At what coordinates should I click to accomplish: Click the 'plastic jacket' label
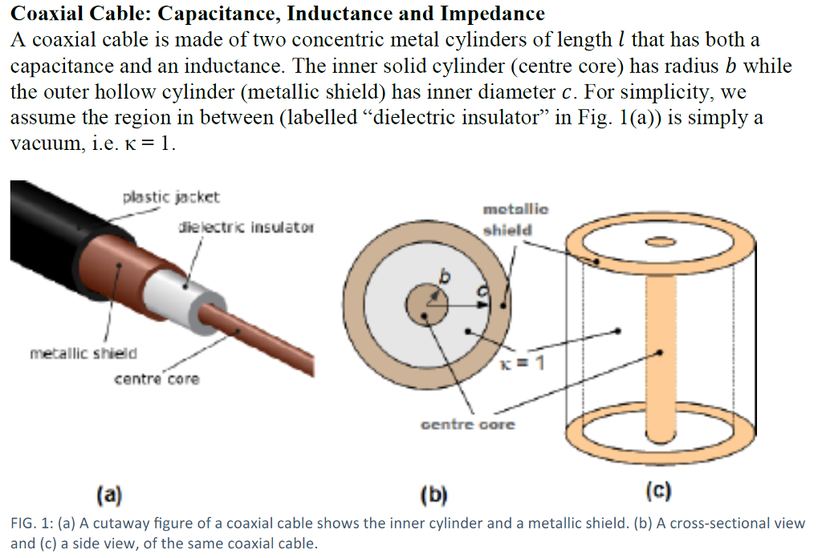pos(171,196)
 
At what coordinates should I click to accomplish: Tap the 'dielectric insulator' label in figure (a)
pos(246,228)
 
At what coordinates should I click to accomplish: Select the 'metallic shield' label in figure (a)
pos(83,353)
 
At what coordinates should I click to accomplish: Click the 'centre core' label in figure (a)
pos(156,378)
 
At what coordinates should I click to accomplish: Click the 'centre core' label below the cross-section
pos(468,424)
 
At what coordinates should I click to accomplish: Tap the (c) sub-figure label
pos(658,490)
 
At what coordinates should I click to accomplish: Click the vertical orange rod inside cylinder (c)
pos(660,353)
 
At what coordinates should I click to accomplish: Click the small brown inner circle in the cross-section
pos(425,305)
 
